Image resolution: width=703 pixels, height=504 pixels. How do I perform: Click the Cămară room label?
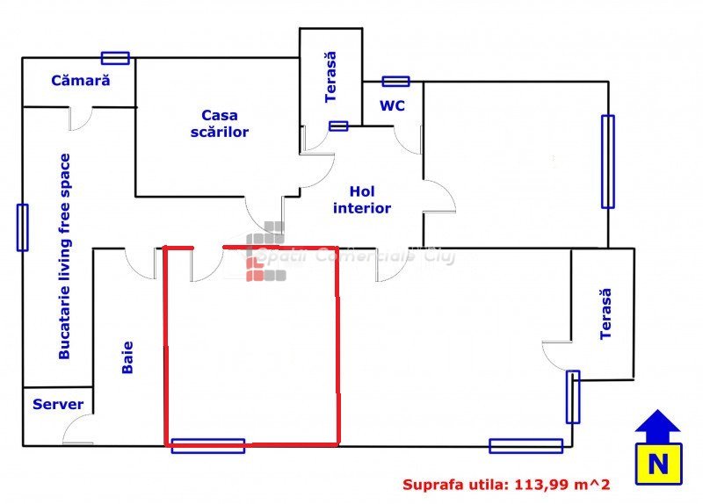point(80,80)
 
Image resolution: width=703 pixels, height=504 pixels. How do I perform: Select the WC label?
point(392,105)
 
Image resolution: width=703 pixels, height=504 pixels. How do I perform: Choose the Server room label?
point(58,405)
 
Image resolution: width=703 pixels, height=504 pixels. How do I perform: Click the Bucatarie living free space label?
point(64,256)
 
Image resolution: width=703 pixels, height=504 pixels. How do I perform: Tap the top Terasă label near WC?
point(330,77)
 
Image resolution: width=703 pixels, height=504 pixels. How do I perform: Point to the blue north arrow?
point(656,424)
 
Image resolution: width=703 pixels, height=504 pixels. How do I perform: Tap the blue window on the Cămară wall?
point(115,58)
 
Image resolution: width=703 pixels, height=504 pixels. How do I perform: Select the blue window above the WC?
point(395,82)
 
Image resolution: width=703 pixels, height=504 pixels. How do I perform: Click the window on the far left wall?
point(22,227)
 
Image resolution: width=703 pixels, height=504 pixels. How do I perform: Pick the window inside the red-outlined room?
point(207,445)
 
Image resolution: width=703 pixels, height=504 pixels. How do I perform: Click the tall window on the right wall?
point(607,162)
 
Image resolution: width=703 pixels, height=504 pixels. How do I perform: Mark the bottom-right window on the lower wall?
point(525,446)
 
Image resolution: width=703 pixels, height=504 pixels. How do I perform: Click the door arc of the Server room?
point(77,429)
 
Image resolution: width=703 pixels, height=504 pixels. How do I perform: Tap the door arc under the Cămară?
point(81,119)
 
